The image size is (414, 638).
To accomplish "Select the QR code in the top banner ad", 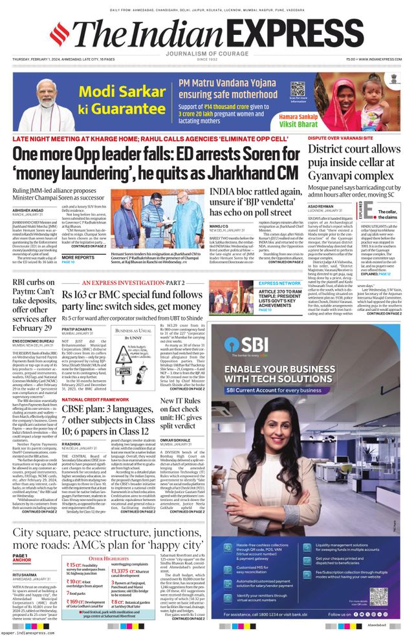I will [x=297, y=89].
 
